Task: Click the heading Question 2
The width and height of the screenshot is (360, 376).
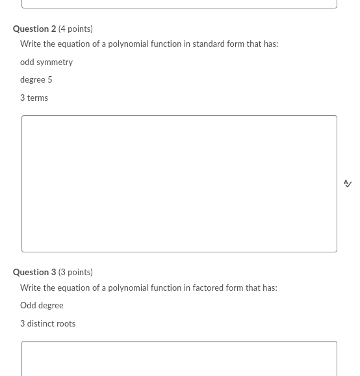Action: pos(34,29)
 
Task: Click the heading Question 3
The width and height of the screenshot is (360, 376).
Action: pos(34,272)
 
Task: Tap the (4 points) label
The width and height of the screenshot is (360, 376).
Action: pos(75,29)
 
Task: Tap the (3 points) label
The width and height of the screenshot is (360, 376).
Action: pos(75,272)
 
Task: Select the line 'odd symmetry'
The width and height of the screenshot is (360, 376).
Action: pos(46,62)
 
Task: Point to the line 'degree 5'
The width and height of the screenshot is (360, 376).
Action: pos(36,79)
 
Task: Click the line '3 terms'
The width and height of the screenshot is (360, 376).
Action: pos(34,98)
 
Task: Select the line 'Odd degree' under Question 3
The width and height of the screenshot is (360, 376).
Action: pos(42,305)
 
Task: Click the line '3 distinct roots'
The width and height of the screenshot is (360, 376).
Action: pos(47,323)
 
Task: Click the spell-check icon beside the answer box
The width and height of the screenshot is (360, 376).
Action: pos(348,183)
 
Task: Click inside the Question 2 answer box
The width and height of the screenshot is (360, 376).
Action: pos(179,183)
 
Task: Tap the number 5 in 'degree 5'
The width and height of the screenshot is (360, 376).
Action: pos(49,79)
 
